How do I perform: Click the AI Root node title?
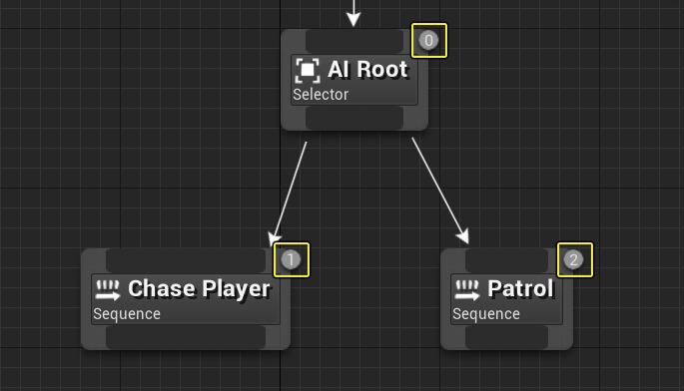(367, 70)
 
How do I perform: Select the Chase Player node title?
(199, 289)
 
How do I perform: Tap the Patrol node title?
(520, 289)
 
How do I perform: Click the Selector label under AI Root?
(321, 95)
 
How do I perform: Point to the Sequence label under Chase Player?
(127, 314)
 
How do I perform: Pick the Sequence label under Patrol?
(486, 314)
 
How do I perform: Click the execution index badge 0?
(429, 41)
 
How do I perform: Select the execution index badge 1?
(291, 260)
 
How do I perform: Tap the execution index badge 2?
(573, 260)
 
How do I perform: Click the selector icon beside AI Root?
(307, 70)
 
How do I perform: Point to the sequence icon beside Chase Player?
(107, 289)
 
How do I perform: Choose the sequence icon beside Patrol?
(466, 289)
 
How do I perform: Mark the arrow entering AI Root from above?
(352, 12)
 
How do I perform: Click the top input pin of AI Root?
(353, 40)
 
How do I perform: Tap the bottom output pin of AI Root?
(353, 118)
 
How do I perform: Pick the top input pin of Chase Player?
(189, 260)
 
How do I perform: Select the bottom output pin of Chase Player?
(186, 337)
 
